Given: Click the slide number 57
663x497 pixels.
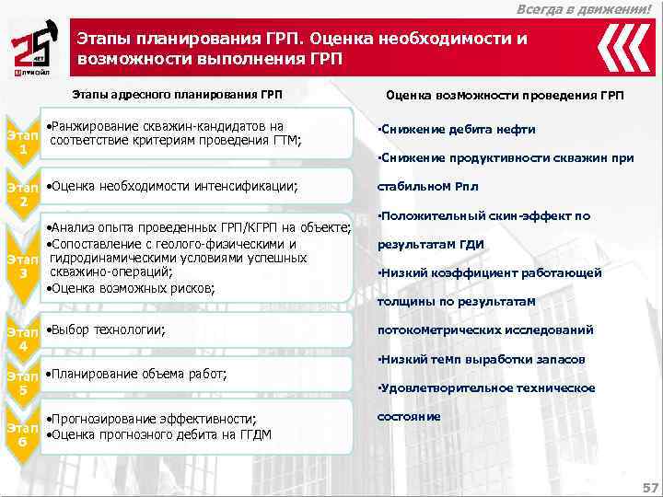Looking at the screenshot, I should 648,486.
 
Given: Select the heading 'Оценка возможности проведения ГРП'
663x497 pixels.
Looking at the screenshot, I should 505,96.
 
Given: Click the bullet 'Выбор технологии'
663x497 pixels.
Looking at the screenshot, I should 107,329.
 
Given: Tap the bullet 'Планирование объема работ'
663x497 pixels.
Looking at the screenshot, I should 136,374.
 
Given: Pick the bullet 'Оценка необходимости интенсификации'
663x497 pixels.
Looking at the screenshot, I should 172,186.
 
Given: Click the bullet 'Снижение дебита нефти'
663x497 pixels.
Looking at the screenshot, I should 458,129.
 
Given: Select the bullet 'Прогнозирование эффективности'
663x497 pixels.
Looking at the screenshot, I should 152,419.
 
